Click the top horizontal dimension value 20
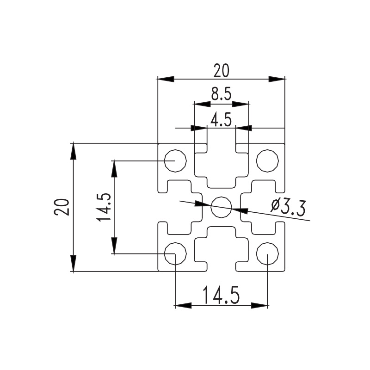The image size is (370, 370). click(x=221, y=70)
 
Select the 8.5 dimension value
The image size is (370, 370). click(x=221, y=95)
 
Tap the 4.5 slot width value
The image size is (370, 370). click(x=221, y=120)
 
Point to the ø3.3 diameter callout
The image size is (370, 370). click(x=287, y=207)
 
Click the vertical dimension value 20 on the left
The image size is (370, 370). click(x=62, y=207)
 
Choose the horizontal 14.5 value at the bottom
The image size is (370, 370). click(x=221, y=296)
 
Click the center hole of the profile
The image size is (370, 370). click(x=221, y=206)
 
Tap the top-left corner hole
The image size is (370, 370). click(x=175, y=161)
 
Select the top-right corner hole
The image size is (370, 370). click(x=267, y=161)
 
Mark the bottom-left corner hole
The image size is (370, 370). click(x=175, y=253)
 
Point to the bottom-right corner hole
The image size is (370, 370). click(x=267, y=253)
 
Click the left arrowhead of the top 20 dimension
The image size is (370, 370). click(x=166, y=79)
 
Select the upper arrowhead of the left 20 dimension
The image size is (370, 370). click(x=73, y=151)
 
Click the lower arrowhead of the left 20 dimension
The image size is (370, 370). click(x=73, y=263)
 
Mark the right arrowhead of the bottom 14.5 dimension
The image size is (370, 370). click(x=259, y=305)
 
